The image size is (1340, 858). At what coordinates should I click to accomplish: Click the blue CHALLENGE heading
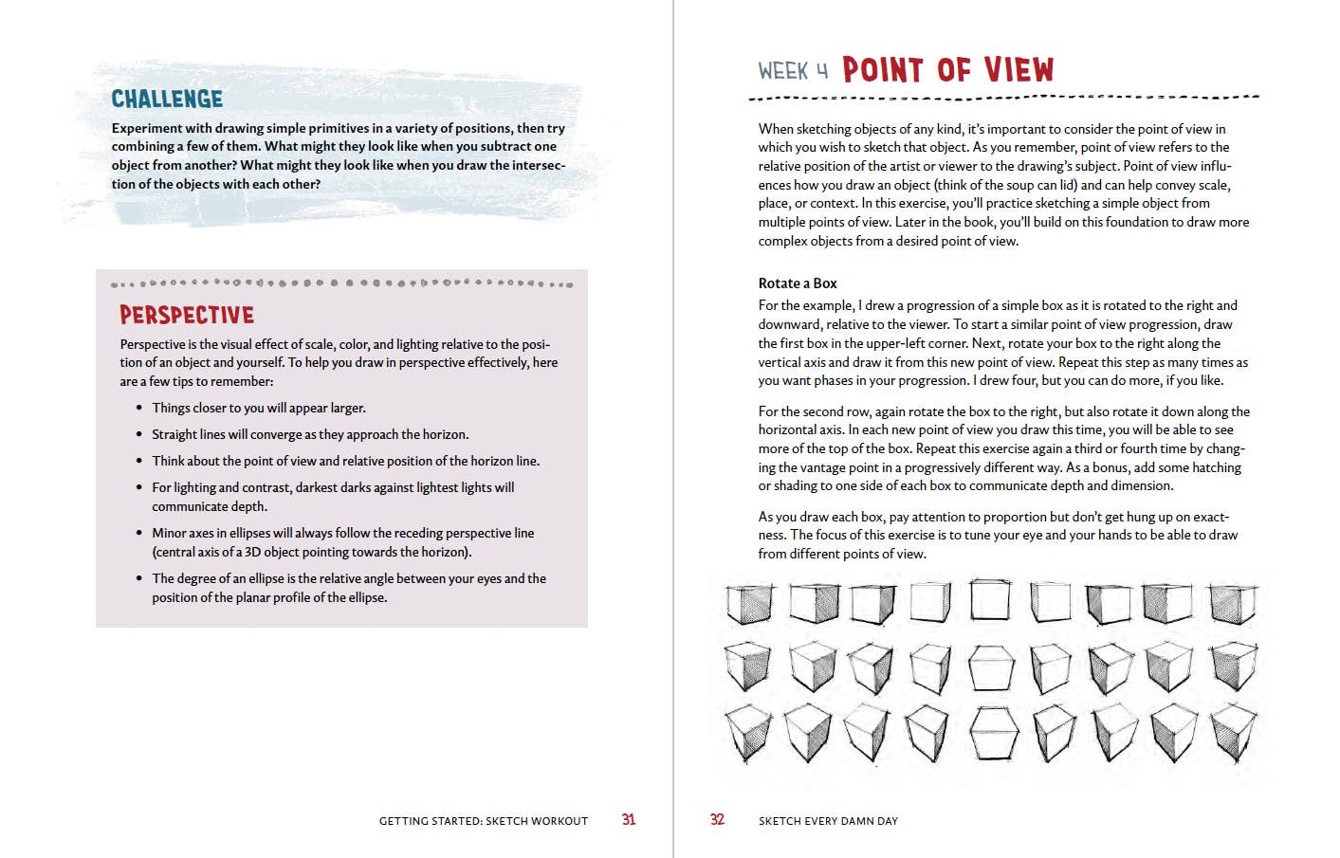coord(167,99)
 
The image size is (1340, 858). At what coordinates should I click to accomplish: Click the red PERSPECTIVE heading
coord(187,315)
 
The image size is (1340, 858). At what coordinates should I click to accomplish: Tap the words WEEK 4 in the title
coord(793,71)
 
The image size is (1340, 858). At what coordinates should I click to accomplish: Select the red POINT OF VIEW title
coord(947,69)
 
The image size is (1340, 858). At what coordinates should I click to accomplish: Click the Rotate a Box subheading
coord(798,283)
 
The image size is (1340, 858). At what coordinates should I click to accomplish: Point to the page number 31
coord(629,820)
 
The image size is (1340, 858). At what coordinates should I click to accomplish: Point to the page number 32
coord(717,820)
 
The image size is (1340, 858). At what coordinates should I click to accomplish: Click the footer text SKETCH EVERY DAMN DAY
coord(828,821)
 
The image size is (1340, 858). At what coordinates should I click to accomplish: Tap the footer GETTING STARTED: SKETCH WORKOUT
coord(484,821)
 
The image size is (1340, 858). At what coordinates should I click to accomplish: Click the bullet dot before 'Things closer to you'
coord(139,408)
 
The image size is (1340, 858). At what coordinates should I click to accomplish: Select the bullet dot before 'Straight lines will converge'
coord(139,434)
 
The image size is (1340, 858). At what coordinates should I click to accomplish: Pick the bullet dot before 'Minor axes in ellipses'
coord(139,533)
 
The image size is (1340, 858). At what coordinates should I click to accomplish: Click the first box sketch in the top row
coord(749,603)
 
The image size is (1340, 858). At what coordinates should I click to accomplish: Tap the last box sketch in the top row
coord(1234,603)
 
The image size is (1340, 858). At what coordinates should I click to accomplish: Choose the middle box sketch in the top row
coord(991,601)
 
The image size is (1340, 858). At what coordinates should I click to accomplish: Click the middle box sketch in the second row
coord(992,667)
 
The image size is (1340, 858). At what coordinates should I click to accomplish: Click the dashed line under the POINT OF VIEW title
coord(1003,97)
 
